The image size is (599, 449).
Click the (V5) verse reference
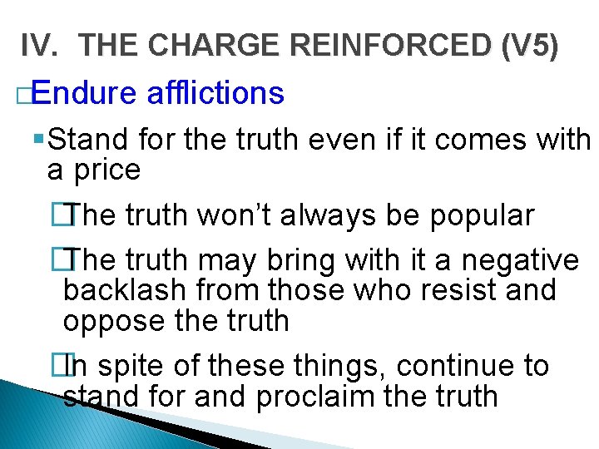click(x=529, y=46)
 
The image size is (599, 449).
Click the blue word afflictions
click(x=215, y=93)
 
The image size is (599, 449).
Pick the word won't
click(x=239, y=216)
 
